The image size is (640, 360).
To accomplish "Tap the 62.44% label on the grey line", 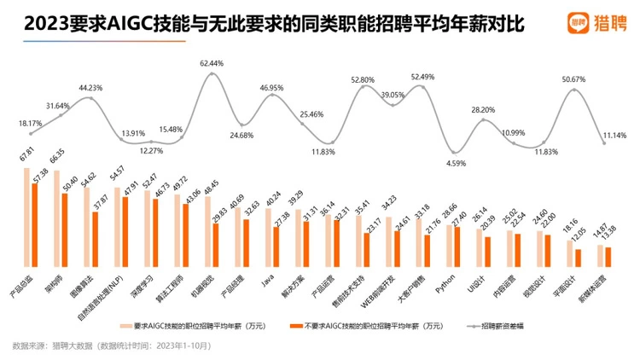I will pyautogui.click(x=212, y=63).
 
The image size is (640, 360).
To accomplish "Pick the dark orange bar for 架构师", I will pyautogui.click(x=65, y=229).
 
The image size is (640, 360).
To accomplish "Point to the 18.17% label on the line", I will pyautogui.click(x=30, y=123).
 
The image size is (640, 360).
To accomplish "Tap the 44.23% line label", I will pyautogui.click(x=90, y=87).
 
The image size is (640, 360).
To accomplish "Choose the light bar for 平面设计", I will pyautogui.click(x=570, y=252).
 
